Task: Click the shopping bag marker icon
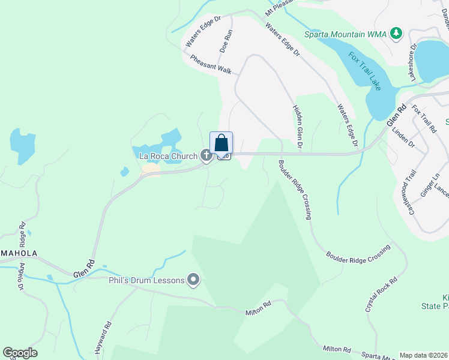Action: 221,143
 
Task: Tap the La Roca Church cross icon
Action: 206,157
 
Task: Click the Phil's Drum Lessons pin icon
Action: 193,280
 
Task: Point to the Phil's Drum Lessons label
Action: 146,280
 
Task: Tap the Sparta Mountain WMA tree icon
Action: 396,32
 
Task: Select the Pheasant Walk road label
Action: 211,65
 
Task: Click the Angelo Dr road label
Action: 22,277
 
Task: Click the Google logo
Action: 20,353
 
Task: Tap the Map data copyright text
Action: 424,355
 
